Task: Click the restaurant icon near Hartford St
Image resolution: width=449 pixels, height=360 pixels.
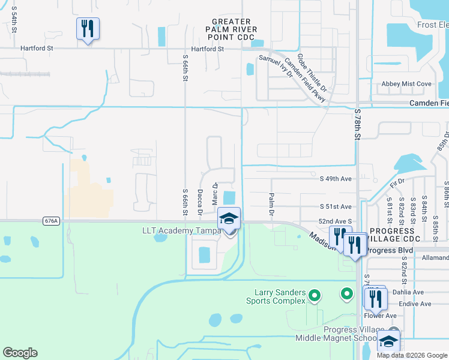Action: coord(88,28)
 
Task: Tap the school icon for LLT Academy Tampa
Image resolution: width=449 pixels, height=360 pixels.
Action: coord(229,218)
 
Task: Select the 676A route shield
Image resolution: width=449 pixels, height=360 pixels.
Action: coord(52,221)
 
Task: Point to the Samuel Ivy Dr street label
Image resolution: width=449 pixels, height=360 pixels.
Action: coord(276,67)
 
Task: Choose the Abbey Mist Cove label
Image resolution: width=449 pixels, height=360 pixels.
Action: coord(406,84)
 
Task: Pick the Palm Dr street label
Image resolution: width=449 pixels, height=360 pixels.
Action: coord(271,205)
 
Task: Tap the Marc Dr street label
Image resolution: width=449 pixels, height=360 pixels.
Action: coord(214,193)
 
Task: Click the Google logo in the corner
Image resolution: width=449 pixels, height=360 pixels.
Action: coord(20,353)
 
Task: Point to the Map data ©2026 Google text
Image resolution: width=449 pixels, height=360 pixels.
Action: coord(412,355)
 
